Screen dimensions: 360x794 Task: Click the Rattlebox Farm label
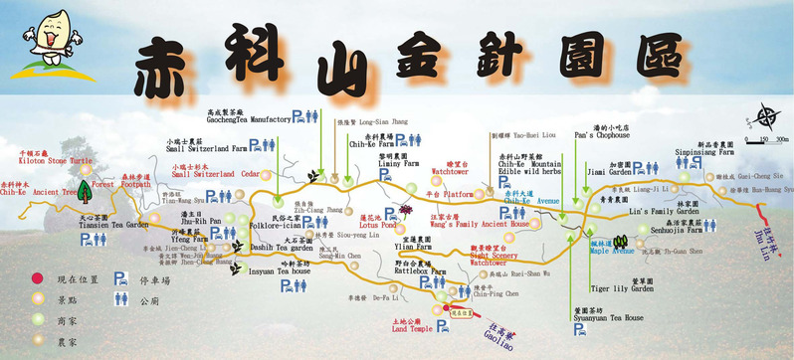(419, 270)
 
